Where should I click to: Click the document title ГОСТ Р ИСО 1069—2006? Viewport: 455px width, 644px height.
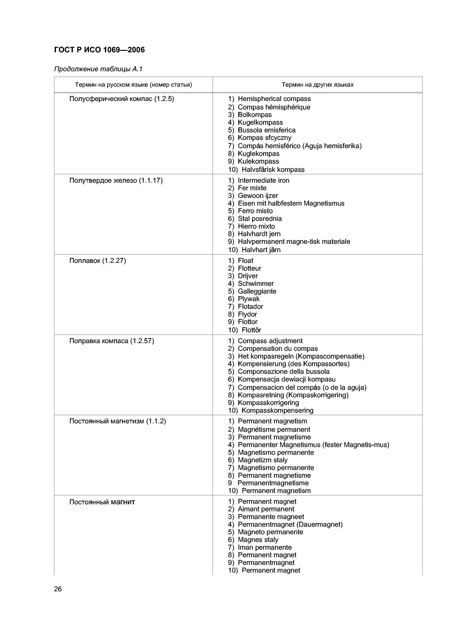coord(99,50)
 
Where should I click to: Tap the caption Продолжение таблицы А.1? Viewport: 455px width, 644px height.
coord(98,69)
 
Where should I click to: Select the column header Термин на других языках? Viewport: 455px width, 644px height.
coord(317,85)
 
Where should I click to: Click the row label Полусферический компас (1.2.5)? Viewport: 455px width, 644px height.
coord(121,99)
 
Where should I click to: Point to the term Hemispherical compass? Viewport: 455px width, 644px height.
coord(274,99)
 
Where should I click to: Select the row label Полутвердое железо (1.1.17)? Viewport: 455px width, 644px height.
coord(116,180)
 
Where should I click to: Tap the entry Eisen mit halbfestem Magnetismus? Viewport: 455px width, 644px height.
coord(291,203)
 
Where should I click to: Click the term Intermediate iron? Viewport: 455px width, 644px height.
coord(263,180)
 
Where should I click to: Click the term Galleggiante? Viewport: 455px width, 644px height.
coord(257,291)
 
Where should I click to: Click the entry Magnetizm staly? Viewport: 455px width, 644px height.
coord(262,460)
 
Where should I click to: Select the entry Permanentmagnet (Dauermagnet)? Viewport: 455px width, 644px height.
coord(290,524)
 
